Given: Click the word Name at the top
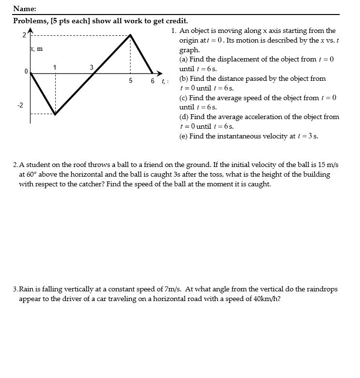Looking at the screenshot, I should click(24, 9).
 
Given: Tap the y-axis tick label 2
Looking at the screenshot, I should click(23, 35).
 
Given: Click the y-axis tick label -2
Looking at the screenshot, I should click(21, 106).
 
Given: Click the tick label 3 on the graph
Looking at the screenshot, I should click(92, 66).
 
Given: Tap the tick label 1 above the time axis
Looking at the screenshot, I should click(55, 66).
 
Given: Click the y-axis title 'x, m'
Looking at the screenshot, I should click(36, 49).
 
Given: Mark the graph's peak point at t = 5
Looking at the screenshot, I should click(130, 35).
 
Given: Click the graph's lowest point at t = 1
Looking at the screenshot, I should click(55, 115).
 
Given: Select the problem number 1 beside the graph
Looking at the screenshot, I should click(173, 31).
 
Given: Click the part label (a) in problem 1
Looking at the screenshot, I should click(184, 60).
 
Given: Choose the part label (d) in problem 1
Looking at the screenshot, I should click(184, 117).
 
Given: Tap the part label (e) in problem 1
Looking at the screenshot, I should click(184, 136).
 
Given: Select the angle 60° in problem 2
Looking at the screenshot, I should click(32, 175).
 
